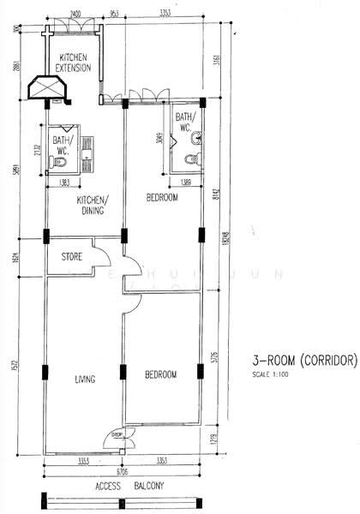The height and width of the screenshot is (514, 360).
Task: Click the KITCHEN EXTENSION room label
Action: [74, 63]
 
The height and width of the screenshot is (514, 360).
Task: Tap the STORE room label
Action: [71, 256]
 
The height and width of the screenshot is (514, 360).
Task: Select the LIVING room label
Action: [85, 379]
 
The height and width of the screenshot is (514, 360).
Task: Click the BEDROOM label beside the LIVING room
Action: [161, 375]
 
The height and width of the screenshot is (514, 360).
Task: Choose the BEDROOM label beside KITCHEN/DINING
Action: [162, 198]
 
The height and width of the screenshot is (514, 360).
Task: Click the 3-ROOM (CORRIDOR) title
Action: [303, 362]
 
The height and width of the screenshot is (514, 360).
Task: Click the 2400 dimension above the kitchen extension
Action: [75, 15]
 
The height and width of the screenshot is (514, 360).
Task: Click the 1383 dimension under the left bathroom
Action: [65, 183]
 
